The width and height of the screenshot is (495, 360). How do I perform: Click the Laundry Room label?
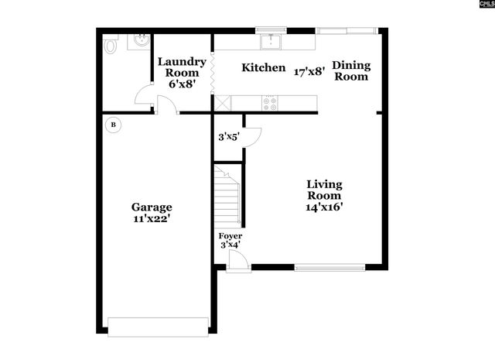click(182, 67)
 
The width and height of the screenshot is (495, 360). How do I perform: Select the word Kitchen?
click(264, 68)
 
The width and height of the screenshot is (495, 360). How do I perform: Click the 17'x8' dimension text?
click(309, 72)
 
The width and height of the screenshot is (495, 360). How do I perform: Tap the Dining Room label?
click(352, 70)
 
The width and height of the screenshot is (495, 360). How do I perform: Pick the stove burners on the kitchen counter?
click(271, 101)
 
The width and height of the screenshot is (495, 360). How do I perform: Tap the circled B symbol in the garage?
click(114, 124)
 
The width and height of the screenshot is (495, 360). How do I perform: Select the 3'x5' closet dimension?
click(229, 137)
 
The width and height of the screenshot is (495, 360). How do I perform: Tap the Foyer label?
click(230, 235)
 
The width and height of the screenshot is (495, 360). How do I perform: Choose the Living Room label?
click(324, 190)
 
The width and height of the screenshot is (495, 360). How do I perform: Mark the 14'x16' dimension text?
click(324, 207)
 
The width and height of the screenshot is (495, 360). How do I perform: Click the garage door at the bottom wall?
click(158, 326)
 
